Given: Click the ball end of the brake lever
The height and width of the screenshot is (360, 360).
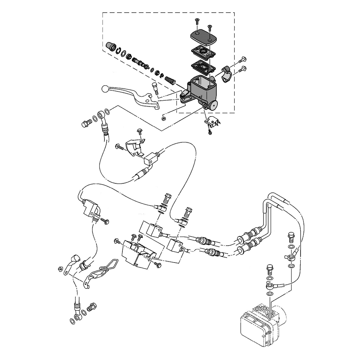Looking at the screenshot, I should click(x=105, y=87).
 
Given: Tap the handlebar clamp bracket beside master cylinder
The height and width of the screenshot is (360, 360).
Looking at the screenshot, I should click(x=226, y=74).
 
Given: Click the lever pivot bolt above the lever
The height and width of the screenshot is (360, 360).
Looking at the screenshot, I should click(x=155, y=88).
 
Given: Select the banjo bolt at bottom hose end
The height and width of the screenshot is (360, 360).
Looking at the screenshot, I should click(x=92, y=307).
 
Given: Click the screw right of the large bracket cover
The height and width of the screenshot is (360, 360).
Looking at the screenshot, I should click(x=158, y=265).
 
